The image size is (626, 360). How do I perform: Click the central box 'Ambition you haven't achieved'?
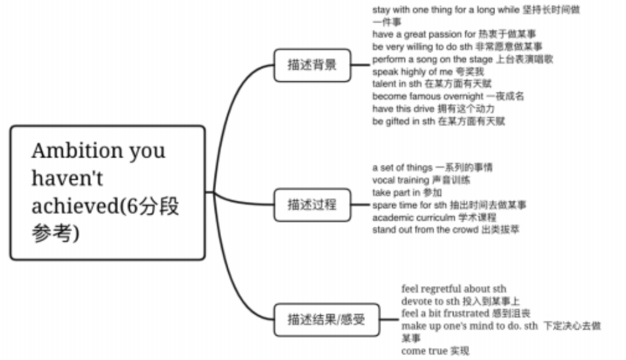pyautogui.click(x=107, y=192)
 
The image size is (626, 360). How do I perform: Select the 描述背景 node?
pyautogui.click(x=312, y=65)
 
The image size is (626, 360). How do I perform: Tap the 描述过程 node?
pyautogui.click(x=312, y=205)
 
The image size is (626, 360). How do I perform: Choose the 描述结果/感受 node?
pyautogui.click(x=327, y=320)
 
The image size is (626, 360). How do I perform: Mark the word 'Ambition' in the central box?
pyautogui.click(x=77, y=151)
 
